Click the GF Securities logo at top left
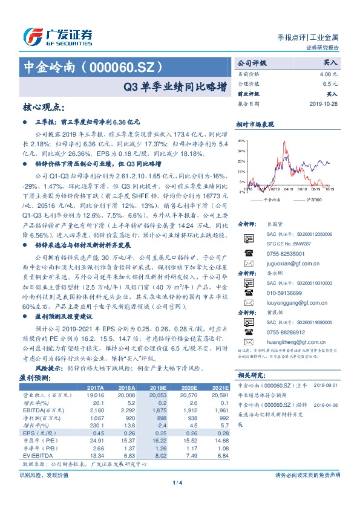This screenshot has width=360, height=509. coord(57,34)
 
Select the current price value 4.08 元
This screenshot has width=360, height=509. coord(328,73)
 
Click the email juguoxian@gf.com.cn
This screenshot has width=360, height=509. coord(282,264)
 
